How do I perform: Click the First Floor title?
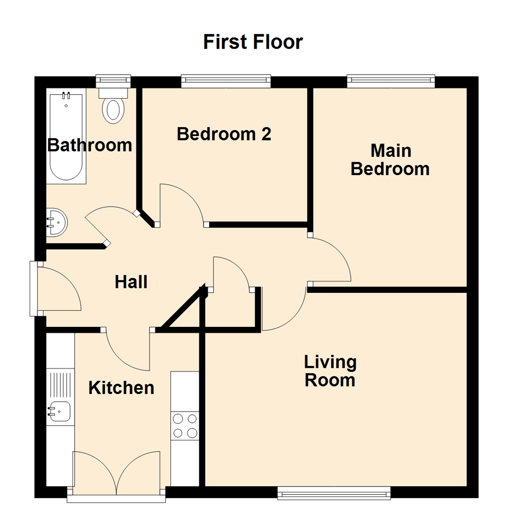click(x=253, y=42)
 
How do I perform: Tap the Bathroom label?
click(x=90, y=145)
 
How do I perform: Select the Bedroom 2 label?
click(x=224, y=134)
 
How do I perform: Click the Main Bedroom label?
click(x=390, y=160)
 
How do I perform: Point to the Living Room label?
click(x=330, y=371)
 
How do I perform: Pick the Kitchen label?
click(x=121, y=388)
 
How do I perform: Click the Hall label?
click(x=131, y=282)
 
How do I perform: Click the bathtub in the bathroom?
click(x=67, y=137)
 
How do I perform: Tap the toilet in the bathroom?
click(x=113, y=108)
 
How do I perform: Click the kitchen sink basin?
click(x=59, y=411)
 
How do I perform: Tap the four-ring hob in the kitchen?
click(x=185, y=425)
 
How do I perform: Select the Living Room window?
click(x=334, y=493)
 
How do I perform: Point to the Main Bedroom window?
click(x=391, y=81)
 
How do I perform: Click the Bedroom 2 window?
click(x=226, y=81)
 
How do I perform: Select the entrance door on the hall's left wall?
click(x=57, y=289)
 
